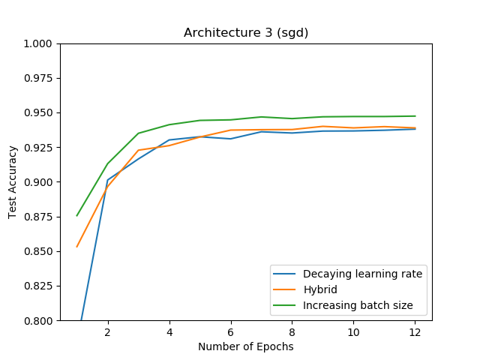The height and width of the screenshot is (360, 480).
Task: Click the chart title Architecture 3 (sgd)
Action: tap(246, 33)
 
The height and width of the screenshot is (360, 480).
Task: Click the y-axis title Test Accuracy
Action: tap(13, 182)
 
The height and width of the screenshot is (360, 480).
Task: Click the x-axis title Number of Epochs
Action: tap(246, 346)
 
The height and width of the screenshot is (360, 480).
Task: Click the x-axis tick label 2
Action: tap(108, 332)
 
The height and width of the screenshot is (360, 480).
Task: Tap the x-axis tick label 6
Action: tap(231, 332)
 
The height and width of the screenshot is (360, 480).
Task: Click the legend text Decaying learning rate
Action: tap(362, 274)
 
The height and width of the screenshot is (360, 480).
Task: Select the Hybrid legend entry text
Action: tap(319, 289)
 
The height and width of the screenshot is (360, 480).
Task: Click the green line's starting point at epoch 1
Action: tap(77, 215)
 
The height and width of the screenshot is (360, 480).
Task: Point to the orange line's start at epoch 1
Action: tap(77, 247)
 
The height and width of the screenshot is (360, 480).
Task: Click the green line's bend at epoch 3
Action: tap(139, 133)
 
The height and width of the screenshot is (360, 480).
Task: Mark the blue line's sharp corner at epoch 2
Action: tap(108, 180)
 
